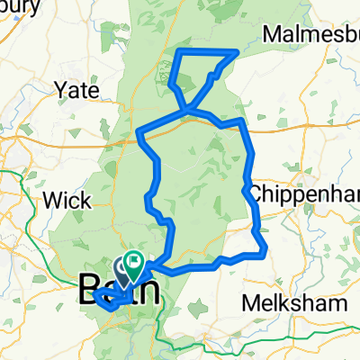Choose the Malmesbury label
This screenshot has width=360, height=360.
310,34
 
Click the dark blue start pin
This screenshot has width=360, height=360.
122,266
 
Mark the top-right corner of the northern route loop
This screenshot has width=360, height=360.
237,51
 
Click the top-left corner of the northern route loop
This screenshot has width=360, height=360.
176,52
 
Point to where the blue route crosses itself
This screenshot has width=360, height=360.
186,111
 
